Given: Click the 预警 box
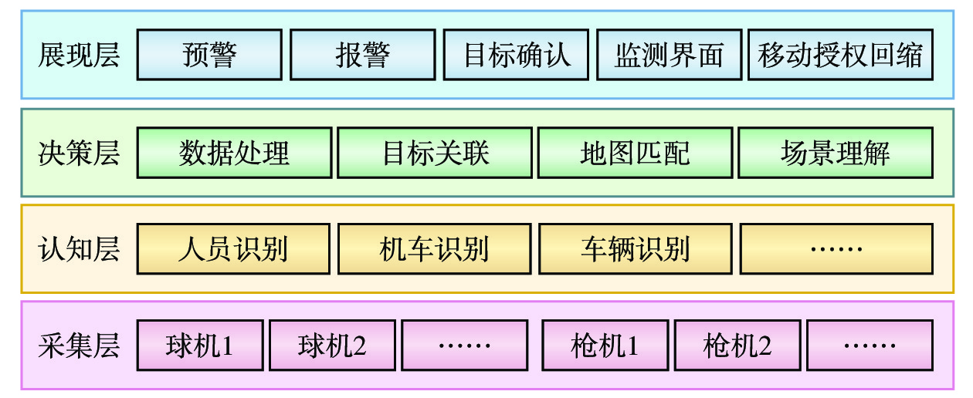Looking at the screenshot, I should pos(209,55).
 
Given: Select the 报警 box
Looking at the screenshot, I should pos(362,55).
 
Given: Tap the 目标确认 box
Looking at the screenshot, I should pos(516,55).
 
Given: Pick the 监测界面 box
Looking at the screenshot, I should pos(669,55).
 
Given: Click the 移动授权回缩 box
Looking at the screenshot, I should pos(840,55).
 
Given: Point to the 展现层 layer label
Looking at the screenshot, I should pos(79,55).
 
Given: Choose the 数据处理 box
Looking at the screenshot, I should pos(234,153).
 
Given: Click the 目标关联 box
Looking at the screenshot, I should pos(436,153).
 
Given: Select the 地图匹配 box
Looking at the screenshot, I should pos(635,153).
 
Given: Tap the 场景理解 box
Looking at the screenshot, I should pos(835,153).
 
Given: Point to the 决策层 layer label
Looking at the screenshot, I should pos(79,153).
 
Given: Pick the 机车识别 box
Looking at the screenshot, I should pos(435,248).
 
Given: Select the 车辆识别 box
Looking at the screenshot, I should pos(635,248).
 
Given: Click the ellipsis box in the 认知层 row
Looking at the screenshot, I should pos(836,248).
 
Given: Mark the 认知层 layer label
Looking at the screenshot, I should pos(79,248).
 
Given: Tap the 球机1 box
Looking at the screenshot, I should pos(200,345).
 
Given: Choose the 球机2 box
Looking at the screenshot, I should pos(332,345).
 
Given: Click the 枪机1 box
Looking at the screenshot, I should pos(605,345).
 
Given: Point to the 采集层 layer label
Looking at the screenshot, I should pos(79,345).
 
